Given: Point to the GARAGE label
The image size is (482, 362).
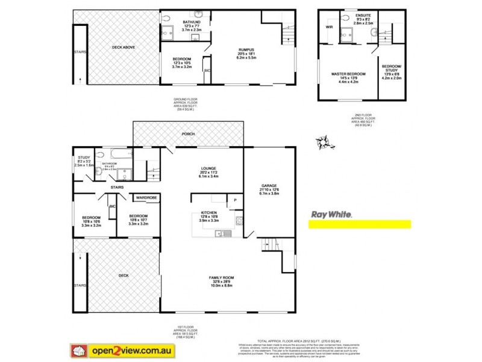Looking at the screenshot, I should tap(269, 185).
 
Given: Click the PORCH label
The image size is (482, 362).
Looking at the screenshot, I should tap(189, 134).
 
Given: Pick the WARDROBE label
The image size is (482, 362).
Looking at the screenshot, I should tap(146, 197).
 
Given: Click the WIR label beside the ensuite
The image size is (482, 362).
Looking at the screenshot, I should tap(330, 27).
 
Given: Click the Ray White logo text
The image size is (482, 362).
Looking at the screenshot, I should tap(331, 214).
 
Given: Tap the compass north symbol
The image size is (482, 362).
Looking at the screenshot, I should tap(324, 143).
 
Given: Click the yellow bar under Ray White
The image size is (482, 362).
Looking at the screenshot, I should tap(360, 224).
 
